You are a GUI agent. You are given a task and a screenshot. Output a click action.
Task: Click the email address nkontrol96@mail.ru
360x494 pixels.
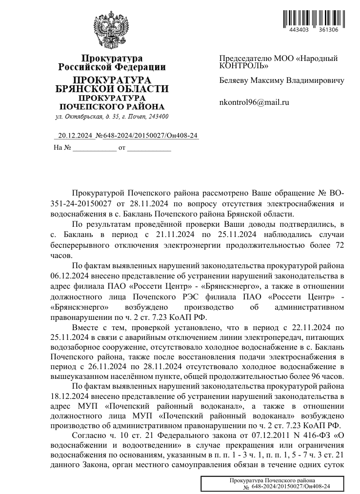pyautogui.click(x=255, y=102)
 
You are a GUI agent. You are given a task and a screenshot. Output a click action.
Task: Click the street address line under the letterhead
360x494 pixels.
pyautogui.click(x=112, y=117)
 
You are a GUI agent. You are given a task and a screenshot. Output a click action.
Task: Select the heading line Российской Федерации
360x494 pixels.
pyautogui.click(x=112, y=67)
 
